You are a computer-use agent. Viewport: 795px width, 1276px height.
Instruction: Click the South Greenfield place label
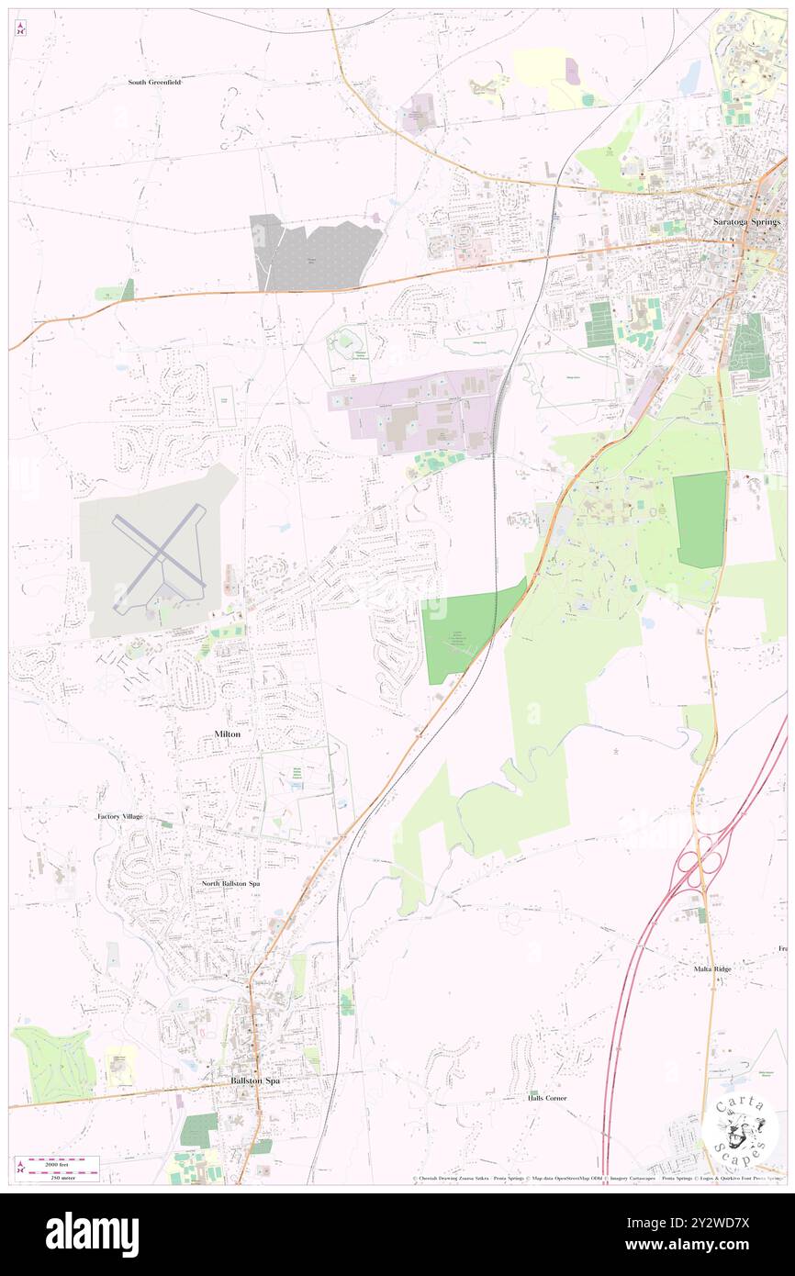154,82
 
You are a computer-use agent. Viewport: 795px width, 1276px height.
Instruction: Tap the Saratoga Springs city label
747,222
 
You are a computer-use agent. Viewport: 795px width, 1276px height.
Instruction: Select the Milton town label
227,734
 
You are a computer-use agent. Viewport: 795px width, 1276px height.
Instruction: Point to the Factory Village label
121,815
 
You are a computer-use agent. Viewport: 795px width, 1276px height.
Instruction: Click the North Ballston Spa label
230,883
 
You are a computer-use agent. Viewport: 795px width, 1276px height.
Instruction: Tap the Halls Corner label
547,1097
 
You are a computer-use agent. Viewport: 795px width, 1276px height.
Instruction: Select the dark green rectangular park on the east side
700,519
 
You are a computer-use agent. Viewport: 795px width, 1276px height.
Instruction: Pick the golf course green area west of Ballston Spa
54,1065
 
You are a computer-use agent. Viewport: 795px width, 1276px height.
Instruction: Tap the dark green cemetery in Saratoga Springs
748,347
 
